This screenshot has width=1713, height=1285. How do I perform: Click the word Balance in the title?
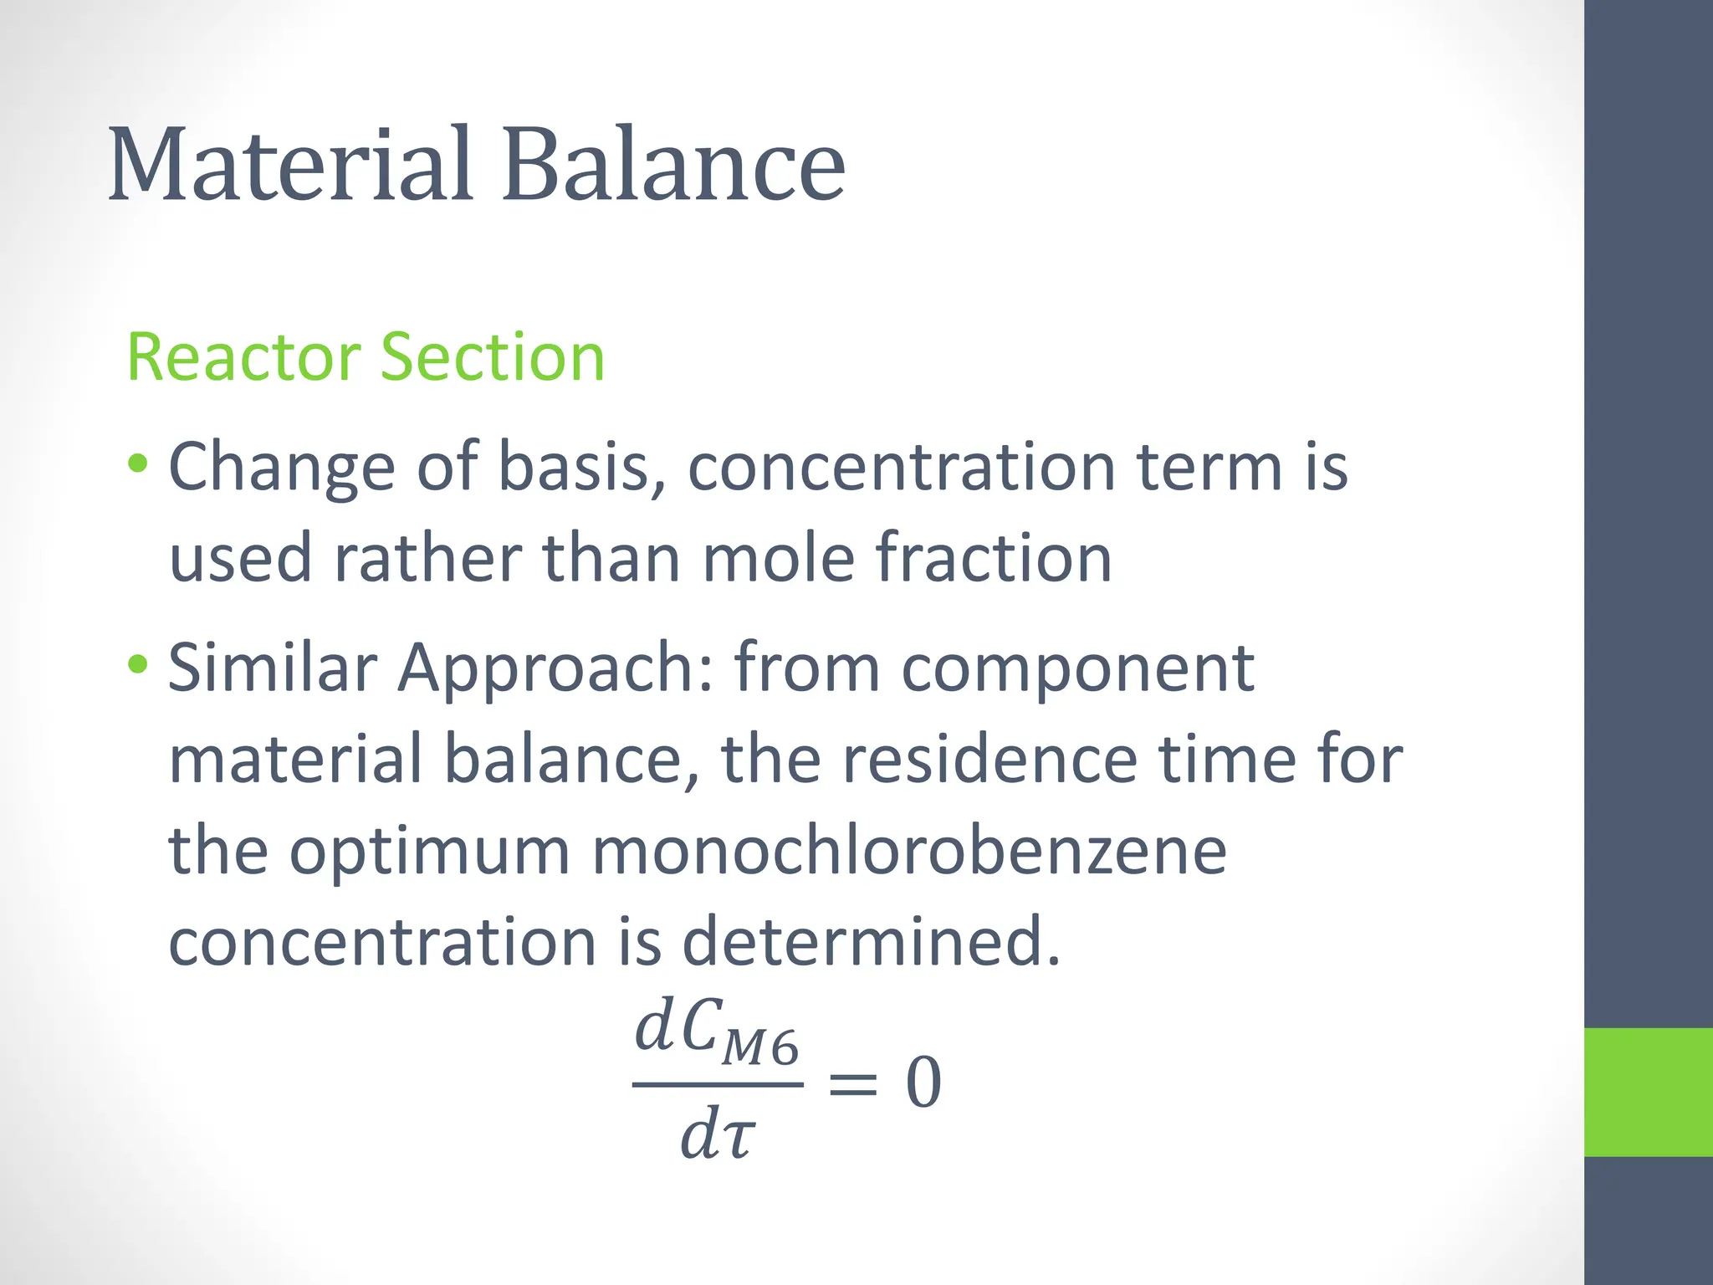pos(673,165)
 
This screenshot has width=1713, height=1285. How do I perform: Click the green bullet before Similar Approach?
pos(139,665)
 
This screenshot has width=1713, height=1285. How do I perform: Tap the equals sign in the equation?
pos(852,1084)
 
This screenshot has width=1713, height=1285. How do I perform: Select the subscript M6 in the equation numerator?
pos(760,1047)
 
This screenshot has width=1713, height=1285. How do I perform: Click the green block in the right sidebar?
pos(1649,1092)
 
